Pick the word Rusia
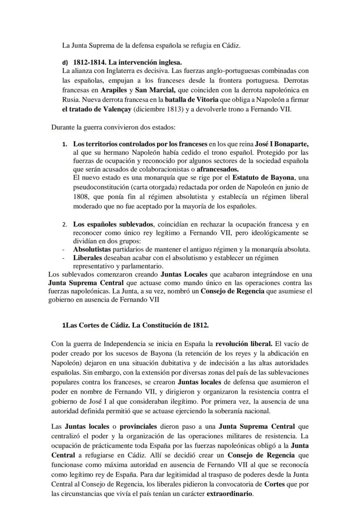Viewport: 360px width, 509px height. click(70, 100)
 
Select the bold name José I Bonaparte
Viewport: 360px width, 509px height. click(282, 144)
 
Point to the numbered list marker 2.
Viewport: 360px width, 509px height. click(64, 225)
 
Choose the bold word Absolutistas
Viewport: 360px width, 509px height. click(92, 250)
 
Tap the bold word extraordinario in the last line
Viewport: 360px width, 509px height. click(229, 494)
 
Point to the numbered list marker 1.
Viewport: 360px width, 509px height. click(64, 144)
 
